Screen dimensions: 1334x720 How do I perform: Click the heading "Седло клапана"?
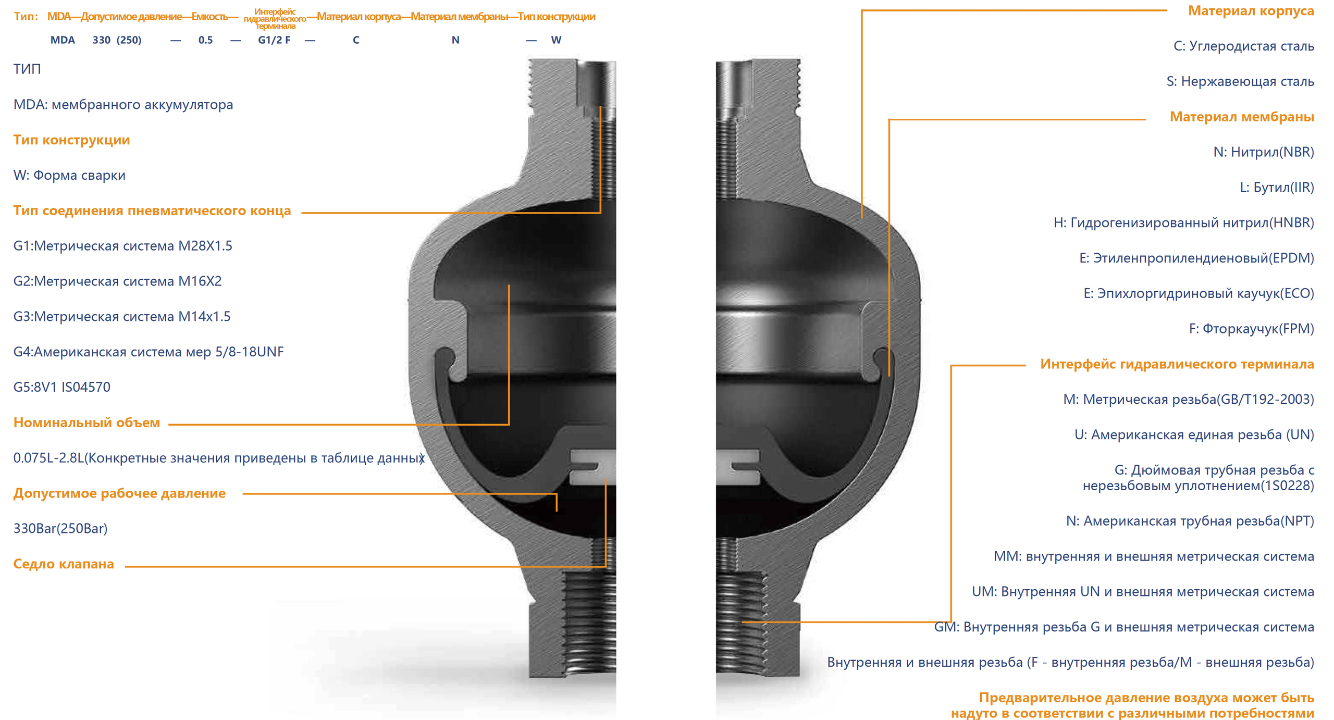tap(64, 564)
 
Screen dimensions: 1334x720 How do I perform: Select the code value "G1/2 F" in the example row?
tap(274, 40)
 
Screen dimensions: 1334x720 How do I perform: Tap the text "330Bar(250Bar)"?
tap(60, 528)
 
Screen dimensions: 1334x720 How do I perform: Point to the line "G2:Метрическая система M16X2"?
tap(118, 281)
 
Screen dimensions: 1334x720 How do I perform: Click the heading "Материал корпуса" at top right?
tap(1251, 11)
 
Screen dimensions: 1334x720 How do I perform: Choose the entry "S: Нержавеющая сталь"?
tap(1240, 81)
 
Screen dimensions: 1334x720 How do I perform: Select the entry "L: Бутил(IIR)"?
tap(1277, 188)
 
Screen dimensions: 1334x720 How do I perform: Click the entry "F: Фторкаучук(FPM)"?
tap(1252, 329)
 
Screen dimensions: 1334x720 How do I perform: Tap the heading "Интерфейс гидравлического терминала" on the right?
tap(1177, 364)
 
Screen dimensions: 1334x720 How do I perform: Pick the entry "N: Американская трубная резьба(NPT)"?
tap(1190, 521)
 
